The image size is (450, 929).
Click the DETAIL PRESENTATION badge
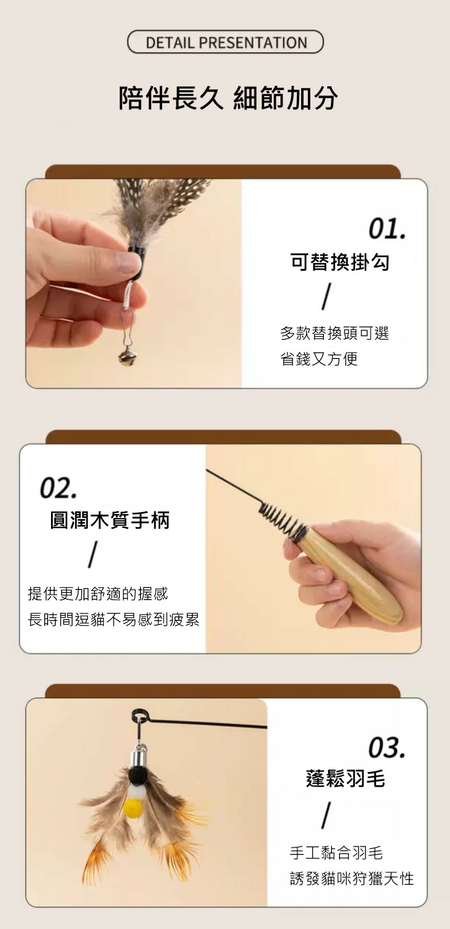coord(225,42)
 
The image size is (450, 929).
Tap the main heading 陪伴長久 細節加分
coord(228,98)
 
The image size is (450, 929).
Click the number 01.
coord(387,229)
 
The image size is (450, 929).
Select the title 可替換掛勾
coord(340,262)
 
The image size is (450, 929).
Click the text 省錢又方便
coord(319,359)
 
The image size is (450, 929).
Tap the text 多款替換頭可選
coord(334,334)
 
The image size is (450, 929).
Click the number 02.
coord(58,488)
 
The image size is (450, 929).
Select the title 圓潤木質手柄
coord(110,520)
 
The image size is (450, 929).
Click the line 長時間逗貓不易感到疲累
coord(113,620)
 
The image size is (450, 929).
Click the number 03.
coord(387,747)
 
